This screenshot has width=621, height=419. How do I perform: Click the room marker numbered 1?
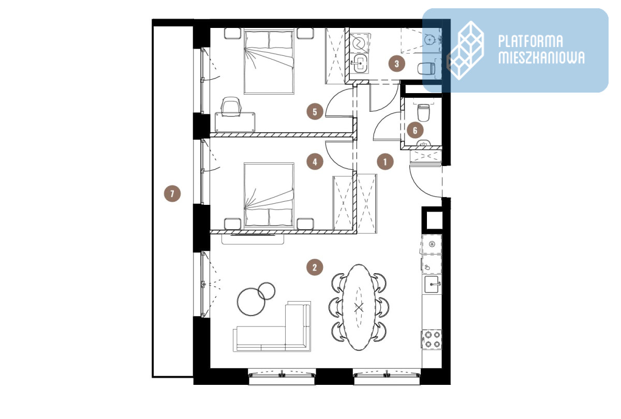click(385, 161)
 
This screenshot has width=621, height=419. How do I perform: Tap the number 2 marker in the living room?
click(315, 267)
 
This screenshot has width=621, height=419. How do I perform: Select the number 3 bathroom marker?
click(397, 64)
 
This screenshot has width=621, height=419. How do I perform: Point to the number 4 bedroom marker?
click(315, 161)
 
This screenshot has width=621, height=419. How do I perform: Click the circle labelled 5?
click(315, 112)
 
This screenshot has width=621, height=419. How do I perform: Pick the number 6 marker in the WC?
click(415, 130)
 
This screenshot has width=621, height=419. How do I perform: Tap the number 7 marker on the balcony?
click(172, 193)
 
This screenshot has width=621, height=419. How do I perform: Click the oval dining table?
click(359, 307)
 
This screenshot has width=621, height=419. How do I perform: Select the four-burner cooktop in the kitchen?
click(432, 339)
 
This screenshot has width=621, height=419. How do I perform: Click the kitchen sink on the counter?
click(432, 285)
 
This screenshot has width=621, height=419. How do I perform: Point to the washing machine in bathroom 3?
click(360, 43)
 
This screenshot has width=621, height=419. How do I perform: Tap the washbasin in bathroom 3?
click(360, 64)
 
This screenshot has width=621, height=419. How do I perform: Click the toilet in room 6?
click(423, 112)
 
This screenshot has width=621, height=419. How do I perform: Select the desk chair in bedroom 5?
click(231, 106)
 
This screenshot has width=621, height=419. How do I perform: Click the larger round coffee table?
click(251, 302)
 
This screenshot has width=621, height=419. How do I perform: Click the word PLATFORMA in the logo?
click(530, 41)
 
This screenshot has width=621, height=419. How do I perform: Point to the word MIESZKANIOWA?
click(541, 57)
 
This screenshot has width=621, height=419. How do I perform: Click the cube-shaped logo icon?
click(466, 51)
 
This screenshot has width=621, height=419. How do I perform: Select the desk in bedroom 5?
click(235, 122)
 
